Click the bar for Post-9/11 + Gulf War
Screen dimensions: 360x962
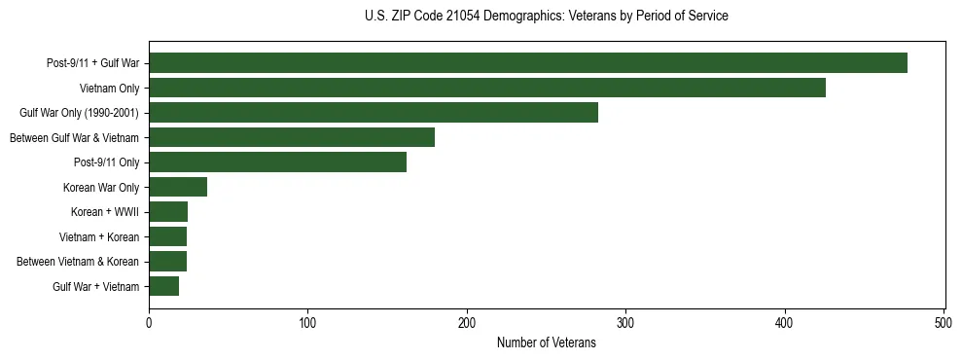[528, 63]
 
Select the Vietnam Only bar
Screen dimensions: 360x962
[487, 88]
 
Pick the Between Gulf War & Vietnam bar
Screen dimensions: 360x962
[292, 137]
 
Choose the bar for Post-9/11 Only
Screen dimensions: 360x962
[277, 162]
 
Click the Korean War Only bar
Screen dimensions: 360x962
[178, 187]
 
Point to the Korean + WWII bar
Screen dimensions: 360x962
[168, 212]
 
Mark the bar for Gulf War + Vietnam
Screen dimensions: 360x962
[163, 286]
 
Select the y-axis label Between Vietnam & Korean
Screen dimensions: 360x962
[79, 262]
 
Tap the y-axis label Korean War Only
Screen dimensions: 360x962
[101, 187]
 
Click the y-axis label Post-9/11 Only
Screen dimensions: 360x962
[107, 162]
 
